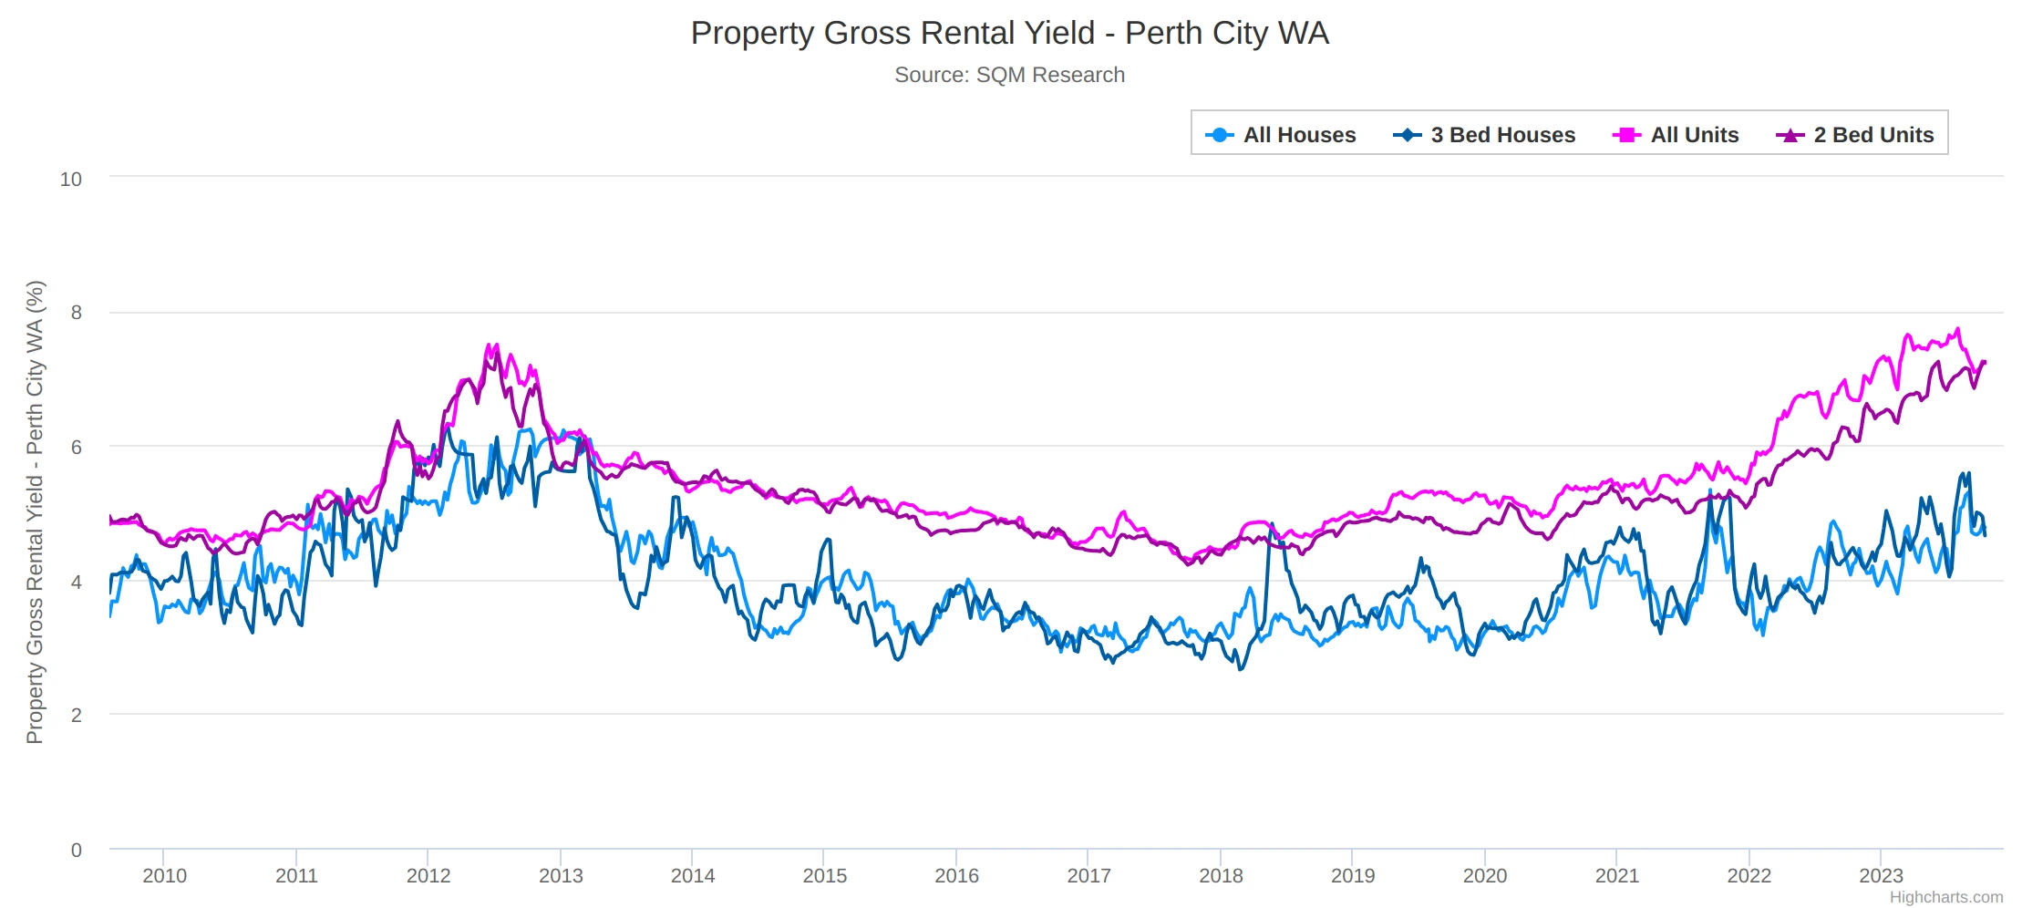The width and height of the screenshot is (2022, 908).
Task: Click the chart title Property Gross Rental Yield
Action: (x=1009, y=33)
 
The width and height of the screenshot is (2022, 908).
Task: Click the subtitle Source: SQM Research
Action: (x=1009, y=75)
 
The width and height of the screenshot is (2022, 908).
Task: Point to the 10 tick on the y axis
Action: (x=70, y=180)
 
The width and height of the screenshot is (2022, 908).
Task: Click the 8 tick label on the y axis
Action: (x=77, y=313)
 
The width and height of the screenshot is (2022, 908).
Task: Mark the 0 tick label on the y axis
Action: (x=77, y=850)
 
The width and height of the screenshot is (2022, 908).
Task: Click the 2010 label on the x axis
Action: (x=164, y=875)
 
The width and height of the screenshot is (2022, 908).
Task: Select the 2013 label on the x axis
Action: (x=561, y=875)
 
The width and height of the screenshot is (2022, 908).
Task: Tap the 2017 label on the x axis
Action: (x=1088, y=875)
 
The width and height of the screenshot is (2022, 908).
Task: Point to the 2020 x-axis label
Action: (x=1484, y=875)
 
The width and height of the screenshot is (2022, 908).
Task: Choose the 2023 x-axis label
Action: (x=1881, y=875)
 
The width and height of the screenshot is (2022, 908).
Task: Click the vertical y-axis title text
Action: (x=35, y=511)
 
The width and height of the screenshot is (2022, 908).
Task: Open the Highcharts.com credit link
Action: (x=1945, y=897)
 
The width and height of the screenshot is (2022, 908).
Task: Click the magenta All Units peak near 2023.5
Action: (x=1957, y=330)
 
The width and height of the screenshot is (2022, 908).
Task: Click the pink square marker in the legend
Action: (x=1625, y=135)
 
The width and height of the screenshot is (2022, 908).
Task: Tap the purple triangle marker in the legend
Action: (x=1790, y=135)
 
